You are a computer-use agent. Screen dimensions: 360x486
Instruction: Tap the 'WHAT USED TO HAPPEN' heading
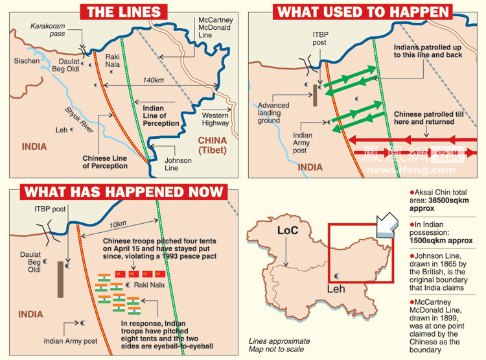[x=362, y=12]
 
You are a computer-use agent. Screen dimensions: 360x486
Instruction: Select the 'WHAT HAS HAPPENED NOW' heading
[x=124, y=192]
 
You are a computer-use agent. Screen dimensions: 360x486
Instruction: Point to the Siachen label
[x=27, y=61]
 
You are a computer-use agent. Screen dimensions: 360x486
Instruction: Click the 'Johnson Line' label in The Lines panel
[x=178, y=164]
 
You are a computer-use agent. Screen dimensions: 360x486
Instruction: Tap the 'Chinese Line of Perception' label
[x=105, y=162]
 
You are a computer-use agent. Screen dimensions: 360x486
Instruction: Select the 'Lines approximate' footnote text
[x=279, y=341]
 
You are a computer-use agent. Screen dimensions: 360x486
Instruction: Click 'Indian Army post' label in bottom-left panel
[x=71, y=341]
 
